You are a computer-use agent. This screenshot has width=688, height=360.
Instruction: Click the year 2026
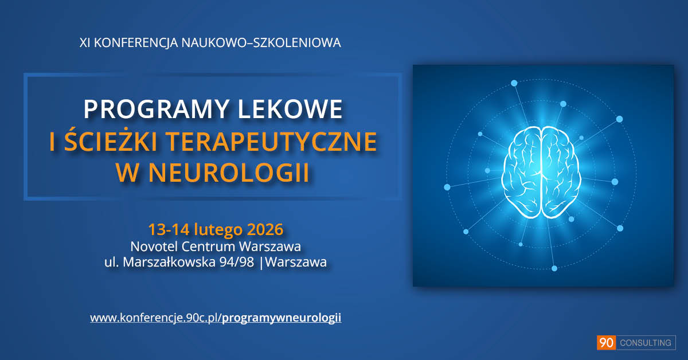pyautogui.click(x=265, y=230)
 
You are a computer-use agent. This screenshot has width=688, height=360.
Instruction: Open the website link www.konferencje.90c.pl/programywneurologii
pyautogui.click(x=216, y=318)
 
